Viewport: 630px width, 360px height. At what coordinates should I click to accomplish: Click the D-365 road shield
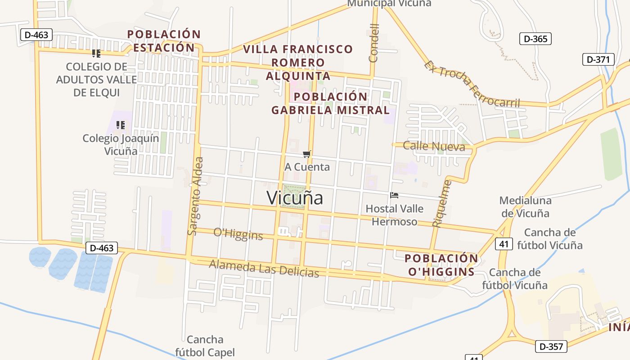[535, 39]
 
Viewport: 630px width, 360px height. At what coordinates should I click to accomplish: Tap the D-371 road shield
[598, 59]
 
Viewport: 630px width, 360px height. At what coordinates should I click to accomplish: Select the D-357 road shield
[551, 346]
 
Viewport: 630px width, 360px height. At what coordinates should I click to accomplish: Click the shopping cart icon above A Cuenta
[307, 154]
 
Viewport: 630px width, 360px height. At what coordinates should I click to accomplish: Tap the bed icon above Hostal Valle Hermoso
[394, 195]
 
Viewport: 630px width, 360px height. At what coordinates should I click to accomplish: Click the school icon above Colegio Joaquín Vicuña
[120, 125]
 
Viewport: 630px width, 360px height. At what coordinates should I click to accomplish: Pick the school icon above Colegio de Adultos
[96, 54]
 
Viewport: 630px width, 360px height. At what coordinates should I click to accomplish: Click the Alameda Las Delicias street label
[264, 269]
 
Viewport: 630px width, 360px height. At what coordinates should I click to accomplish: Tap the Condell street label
[374, 43]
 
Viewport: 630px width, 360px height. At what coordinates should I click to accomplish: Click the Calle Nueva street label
[434, 146]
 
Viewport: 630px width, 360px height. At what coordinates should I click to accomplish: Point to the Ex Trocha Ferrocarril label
[472, 84]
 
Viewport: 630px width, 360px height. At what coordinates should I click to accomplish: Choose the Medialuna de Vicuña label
[524, 207]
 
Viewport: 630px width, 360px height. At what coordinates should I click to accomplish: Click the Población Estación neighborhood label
[164, 41]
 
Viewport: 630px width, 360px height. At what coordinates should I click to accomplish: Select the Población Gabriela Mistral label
[331, 103]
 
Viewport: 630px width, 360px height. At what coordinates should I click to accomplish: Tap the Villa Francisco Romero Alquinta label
[298, 62]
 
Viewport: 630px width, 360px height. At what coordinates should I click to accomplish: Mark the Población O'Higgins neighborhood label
[441, 265]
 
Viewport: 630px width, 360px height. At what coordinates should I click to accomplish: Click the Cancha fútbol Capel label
[205, 346]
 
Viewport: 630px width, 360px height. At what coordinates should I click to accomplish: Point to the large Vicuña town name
[295, 198]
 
